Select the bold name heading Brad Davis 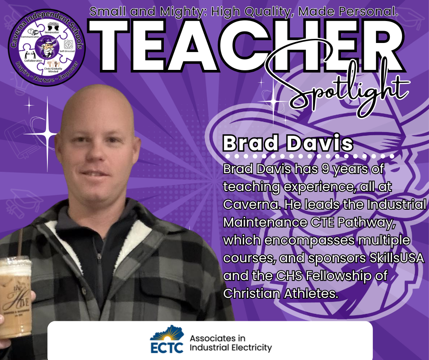pos(288,143)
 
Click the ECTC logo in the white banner pos(167,340)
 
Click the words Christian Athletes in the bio pos(280,293)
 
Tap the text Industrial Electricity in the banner pos(230,348)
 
